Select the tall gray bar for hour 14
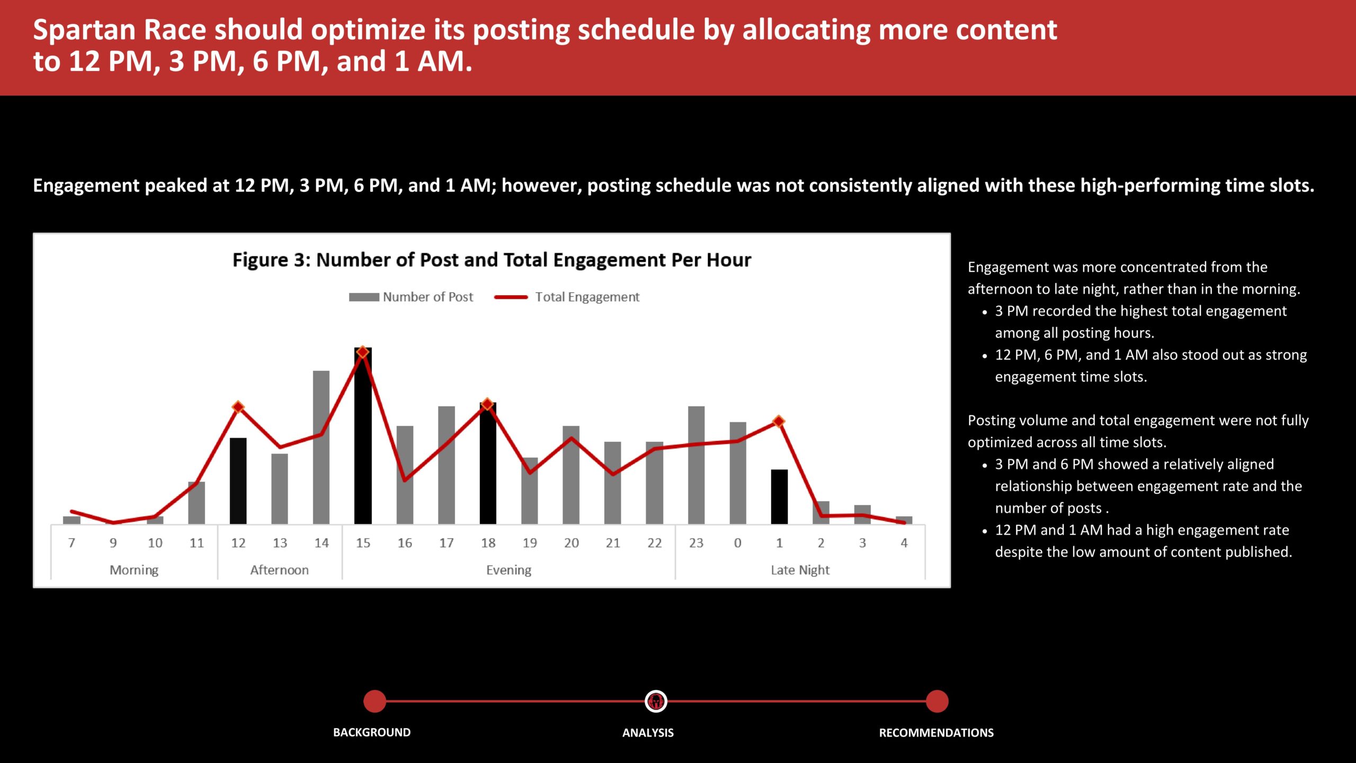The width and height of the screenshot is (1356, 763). (x=321, y=447)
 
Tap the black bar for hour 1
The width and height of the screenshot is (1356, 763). (x=779, y=496)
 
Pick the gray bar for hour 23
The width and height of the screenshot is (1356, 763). (x=696, y=465)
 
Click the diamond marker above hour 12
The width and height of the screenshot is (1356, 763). (x=238, y=407)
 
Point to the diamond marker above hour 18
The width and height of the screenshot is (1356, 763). (x=487, y=404)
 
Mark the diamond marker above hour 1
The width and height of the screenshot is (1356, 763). (x=779, y=421)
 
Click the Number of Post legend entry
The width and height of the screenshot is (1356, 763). (x=411, y=297)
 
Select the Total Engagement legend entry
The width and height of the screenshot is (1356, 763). (x=567, y=297)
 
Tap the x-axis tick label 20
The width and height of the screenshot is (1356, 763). (x=571, y=543)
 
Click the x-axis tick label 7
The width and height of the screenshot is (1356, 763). (x=72, y=543)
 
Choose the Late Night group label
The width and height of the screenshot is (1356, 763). (x=800, y=570)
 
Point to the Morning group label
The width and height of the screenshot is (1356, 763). (x=134, y=570)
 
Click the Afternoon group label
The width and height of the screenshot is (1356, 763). (x=279, y=570)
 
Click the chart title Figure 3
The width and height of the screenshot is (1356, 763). (x=492, y=260)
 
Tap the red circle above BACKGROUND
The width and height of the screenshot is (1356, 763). (x=375, y=701)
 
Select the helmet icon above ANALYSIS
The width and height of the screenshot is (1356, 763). (x=656, y=701)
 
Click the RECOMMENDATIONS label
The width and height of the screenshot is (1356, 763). (x=936, y=733)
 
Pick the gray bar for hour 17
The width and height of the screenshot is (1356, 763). (x=446, y=465)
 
